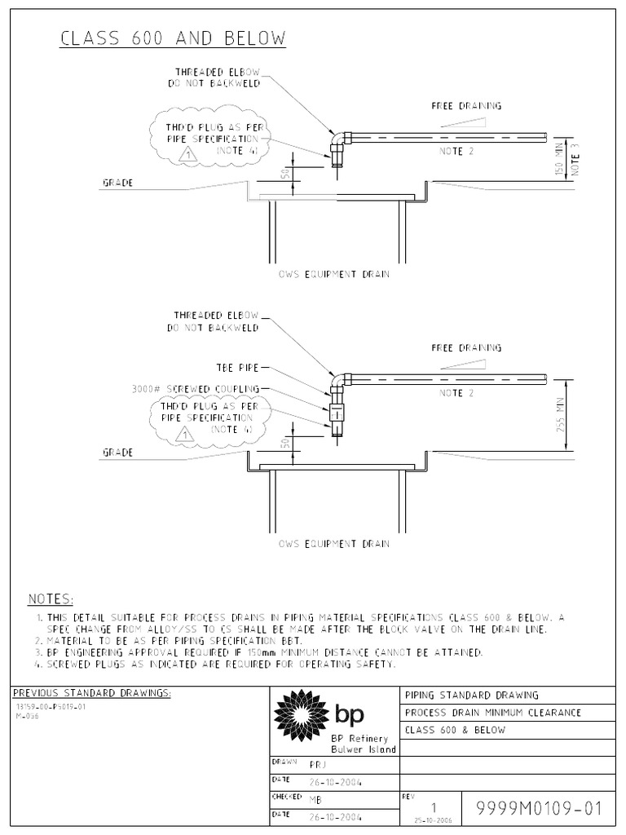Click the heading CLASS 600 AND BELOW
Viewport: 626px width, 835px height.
173,38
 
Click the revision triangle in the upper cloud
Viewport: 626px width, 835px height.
187,154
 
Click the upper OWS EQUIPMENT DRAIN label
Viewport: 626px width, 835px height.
333,275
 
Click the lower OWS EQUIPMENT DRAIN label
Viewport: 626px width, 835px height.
333,544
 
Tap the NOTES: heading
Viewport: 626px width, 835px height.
51,599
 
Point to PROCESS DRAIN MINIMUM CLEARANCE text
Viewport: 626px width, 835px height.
493,713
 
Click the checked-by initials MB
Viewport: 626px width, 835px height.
315,800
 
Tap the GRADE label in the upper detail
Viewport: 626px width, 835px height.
117,183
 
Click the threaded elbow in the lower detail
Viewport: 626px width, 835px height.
337,381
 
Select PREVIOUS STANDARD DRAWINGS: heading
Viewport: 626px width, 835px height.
93,693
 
